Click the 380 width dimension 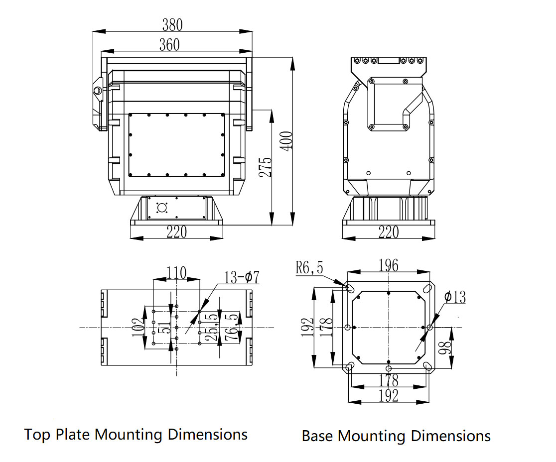pos(172,24)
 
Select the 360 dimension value pos(169,45)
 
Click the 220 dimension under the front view pos(176,232)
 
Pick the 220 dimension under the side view pos(389,232)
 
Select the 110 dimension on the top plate pos(176,273)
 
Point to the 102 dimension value pos(138,328)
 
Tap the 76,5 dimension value pos(231,328)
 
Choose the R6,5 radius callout pos(309,268)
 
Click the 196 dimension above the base pos(388,265)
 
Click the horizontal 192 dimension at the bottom pos(388,396)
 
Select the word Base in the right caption pos(318,436)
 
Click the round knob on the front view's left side pos(97,90)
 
